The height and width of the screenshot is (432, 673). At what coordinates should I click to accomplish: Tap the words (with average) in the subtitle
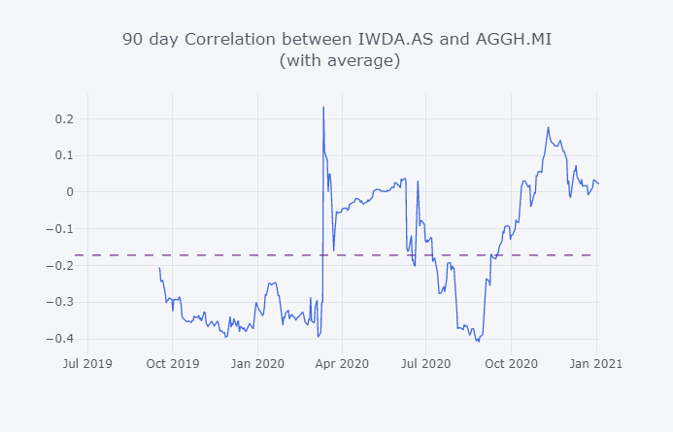click(339, 61)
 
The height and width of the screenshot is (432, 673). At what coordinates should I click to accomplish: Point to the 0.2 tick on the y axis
click(65, 118)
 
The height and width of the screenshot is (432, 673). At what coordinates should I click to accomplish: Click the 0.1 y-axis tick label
click(65, 155)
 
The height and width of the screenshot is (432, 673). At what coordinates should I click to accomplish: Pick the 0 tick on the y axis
click(70, 192)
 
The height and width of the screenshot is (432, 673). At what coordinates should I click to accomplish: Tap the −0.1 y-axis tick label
click(62, 229)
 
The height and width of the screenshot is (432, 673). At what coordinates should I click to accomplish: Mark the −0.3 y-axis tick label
click(62, 302)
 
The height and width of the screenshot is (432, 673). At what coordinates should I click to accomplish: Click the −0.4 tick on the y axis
click(62, 339)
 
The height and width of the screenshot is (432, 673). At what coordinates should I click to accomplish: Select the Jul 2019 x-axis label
click(87, 363)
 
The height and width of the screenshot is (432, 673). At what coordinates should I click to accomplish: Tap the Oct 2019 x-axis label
click(173, 363)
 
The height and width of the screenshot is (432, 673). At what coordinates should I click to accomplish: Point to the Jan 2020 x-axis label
click(257, 363)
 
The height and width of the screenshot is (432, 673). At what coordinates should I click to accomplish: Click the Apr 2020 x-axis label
click(343, 363)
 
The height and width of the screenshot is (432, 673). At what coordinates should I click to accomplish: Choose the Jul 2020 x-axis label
click(427, 363)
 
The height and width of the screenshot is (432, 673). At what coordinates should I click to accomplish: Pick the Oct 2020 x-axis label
click(512, 363)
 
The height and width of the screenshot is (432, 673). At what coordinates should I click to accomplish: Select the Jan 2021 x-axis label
click(596, 363)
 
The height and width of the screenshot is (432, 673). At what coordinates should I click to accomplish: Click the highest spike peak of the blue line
click(323, 107)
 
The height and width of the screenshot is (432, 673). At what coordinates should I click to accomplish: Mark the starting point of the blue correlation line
click(159, 268)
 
